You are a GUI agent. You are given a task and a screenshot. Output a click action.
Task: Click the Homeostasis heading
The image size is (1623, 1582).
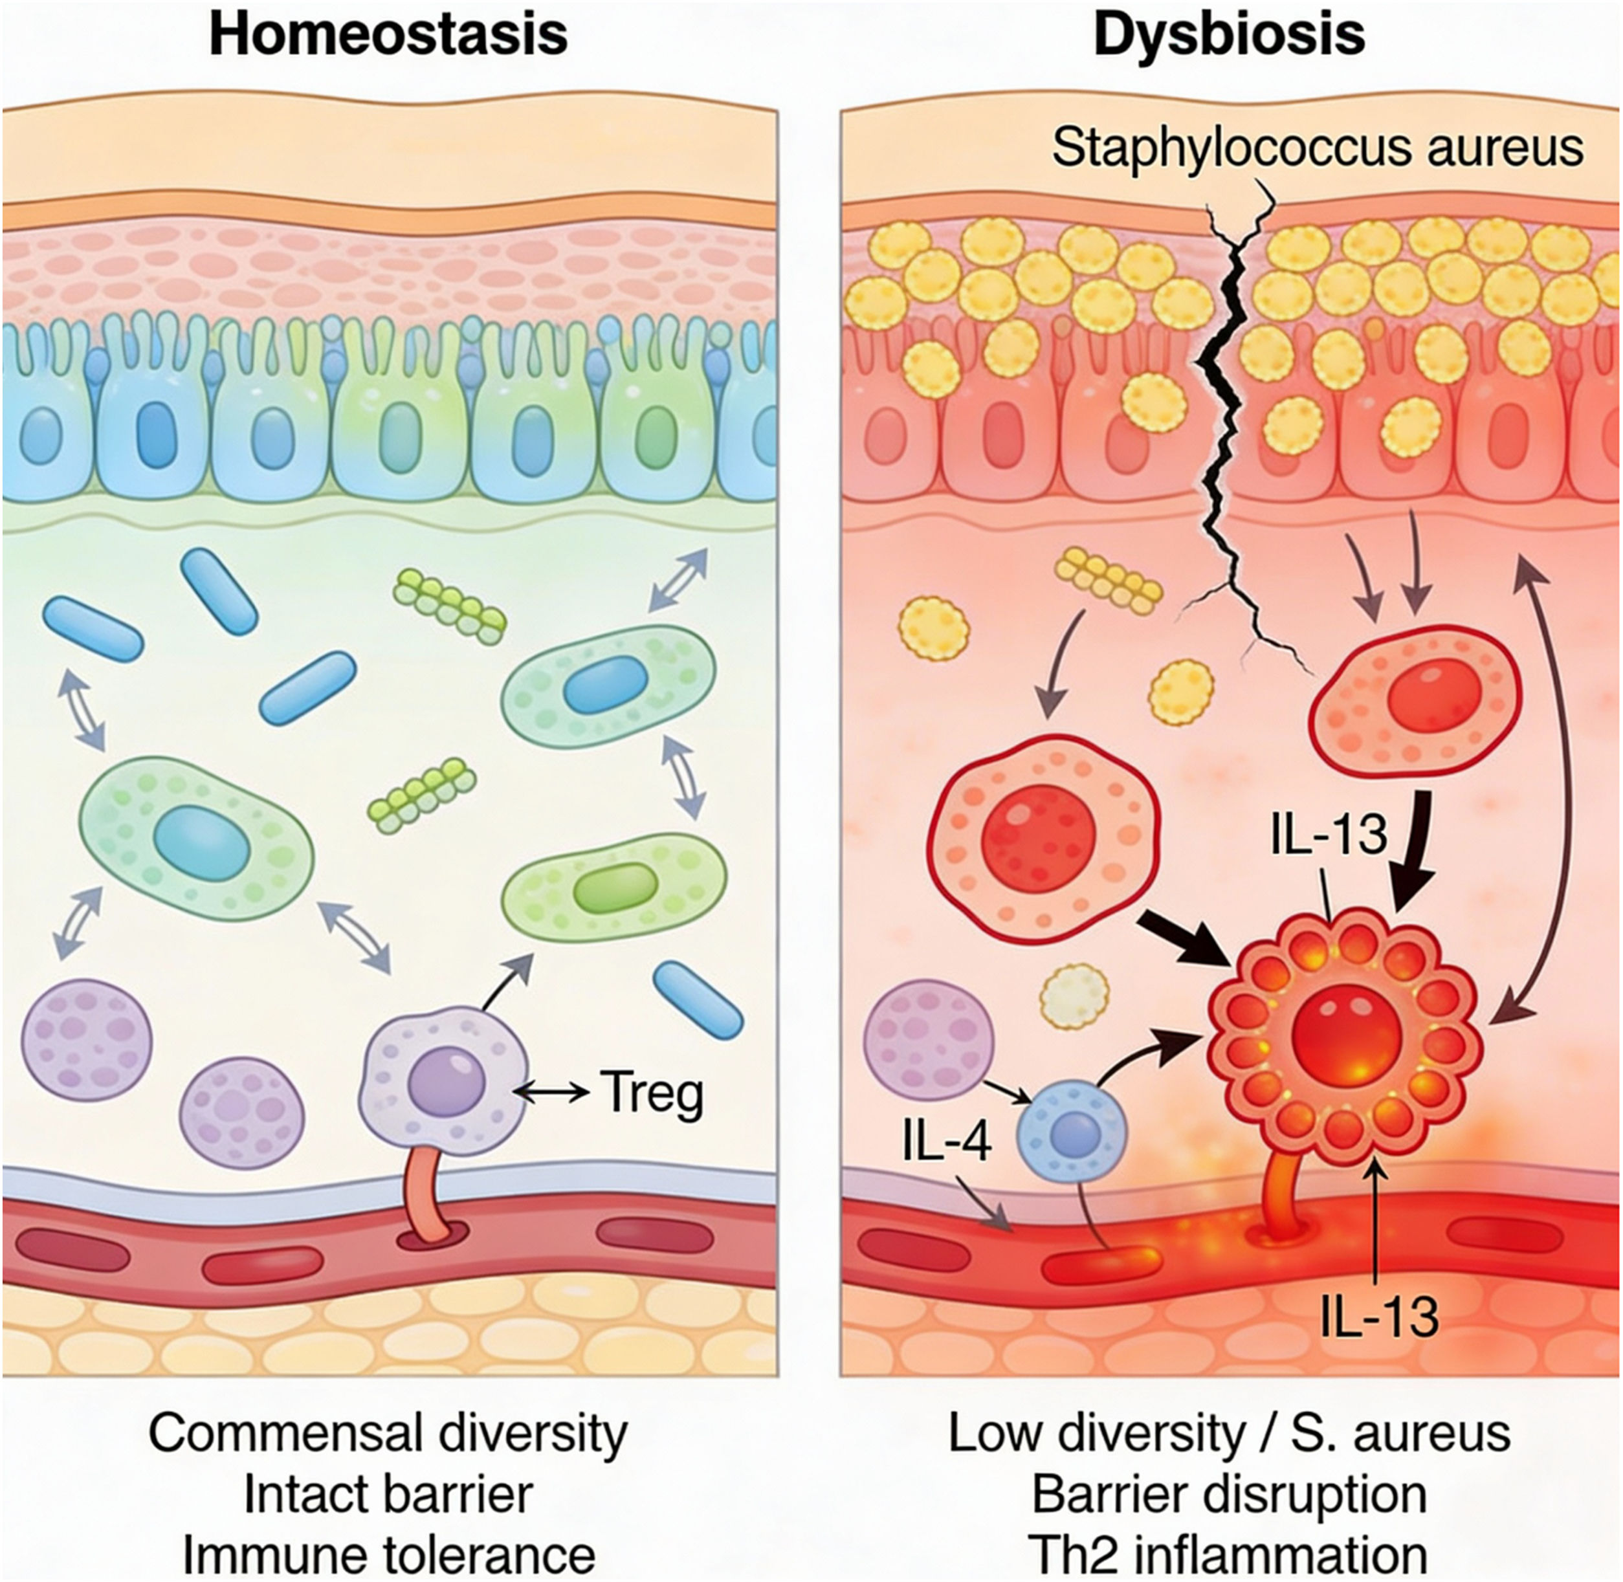[389, 35]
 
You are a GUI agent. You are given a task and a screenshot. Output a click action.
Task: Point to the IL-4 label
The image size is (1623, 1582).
[947, 1143]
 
